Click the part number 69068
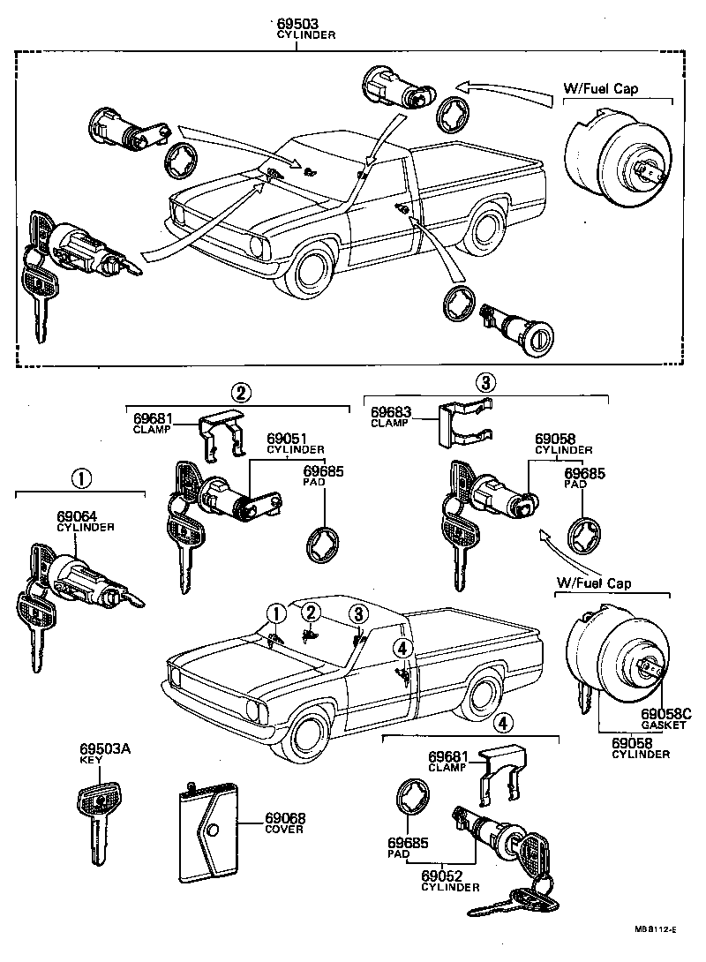[x=284, y=818]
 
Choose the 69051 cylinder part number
[x=286, y=438]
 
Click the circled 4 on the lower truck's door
[x=402, y=649]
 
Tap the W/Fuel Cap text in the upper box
[x=601, y=89]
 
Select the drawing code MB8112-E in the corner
[x=655, y=929]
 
